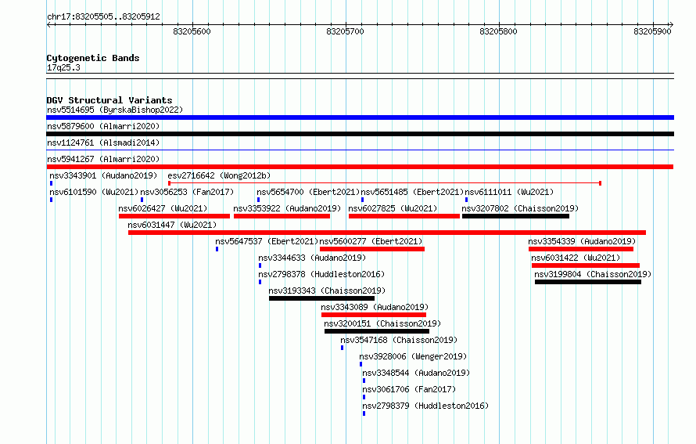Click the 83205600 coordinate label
pos(192,31)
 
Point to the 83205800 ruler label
pos(498,31)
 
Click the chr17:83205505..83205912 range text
pos(103,17)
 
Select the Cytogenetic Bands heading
pos(93,58)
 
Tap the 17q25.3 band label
pos(63,67)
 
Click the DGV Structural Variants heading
pos(109,100)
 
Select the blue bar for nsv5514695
pos(360,117)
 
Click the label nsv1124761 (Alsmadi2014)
pos(103,143)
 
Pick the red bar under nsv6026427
pos(174,216)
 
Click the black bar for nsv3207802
pos(516,216)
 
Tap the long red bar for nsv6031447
pos(387,233)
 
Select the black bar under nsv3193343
pos(322,298)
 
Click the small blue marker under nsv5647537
pos(217,249)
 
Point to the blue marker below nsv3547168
pos(343,348)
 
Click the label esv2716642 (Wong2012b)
pos(219,175)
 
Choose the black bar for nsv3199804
pos(588,282)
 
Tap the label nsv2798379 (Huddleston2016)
pos(425,406)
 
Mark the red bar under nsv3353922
pos(282,216)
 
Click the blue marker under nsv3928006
pos(361,364)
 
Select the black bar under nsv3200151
pos(377,331)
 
